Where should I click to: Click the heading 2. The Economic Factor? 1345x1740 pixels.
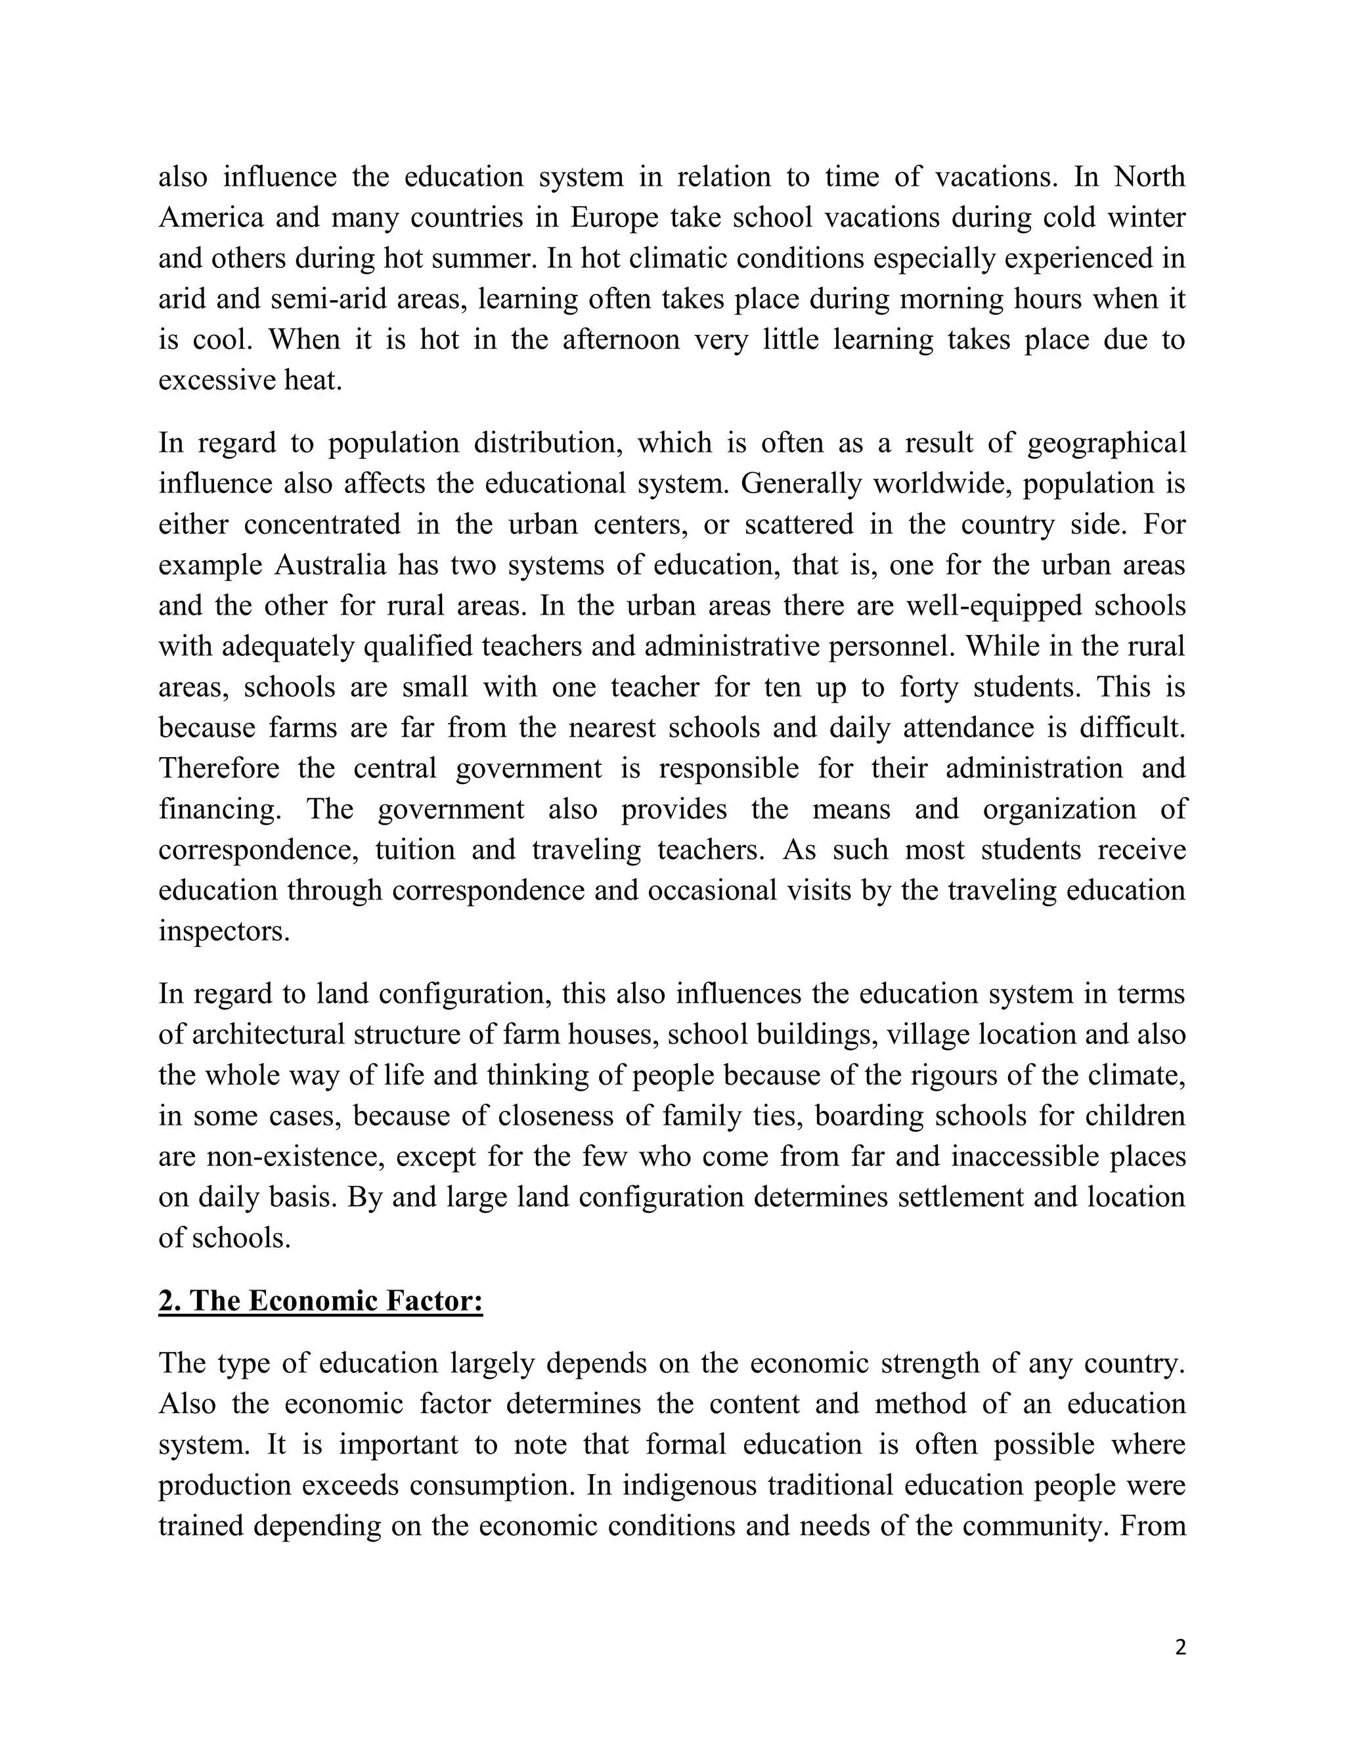(320, 1301)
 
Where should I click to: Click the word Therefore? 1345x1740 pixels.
(219, 769)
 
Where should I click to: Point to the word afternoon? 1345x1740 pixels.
(620, 340)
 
